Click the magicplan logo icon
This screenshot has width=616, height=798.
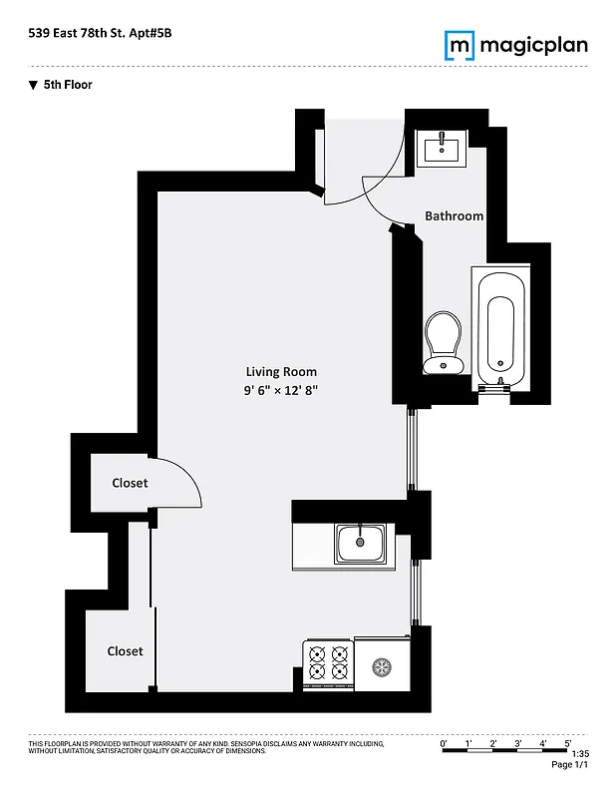[459, 45]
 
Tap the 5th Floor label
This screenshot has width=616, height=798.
[67, 85]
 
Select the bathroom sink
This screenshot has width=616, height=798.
[441, 150]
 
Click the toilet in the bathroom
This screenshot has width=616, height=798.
[442, 339]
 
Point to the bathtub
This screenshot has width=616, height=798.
[500, 329]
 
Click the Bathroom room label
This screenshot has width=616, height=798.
[454, 215]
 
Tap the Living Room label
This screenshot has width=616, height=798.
[281, 372]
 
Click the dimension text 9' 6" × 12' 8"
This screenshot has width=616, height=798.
[281, 391]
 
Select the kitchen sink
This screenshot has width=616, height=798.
[360, 544]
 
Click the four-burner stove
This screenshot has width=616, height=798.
[328, 664]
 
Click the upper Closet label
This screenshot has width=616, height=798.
[129, 483]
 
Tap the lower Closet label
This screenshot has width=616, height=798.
[125, 651]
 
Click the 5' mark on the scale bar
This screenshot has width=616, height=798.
[567, 743]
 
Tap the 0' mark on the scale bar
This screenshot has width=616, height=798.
[444, 743]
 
